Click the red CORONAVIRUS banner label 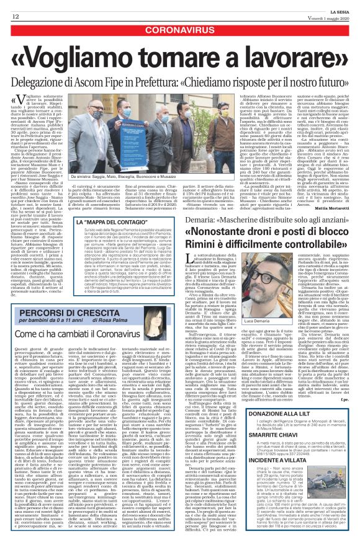[x=179, y=29]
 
